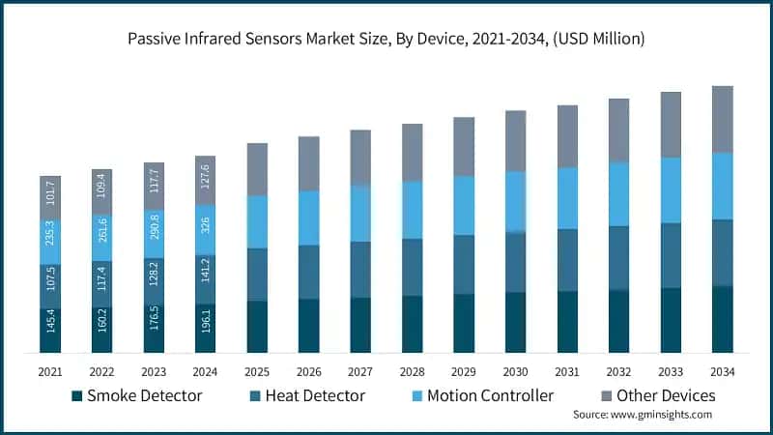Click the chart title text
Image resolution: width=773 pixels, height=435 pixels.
pos(386,40)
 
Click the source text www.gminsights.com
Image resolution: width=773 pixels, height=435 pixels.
pos(642,414)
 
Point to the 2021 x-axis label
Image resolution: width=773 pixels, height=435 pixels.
pos(50,371)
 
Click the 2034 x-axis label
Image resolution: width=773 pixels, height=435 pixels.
pos(722,371)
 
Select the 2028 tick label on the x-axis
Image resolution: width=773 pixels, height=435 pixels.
pos(412,371)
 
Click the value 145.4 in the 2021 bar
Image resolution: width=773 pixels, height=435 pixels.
pos(50,331)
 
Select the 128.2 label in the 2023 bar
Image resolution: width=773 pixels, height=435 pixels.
pos(154,283)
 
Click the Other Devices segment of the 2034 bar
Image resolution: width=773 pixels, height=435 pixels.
pos(722,119)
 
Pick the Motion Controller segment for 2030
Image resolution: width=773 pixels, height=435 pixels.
pos(515,201)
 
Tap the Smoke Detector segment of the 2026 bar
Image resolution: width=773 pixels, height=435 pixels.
pos(308,326)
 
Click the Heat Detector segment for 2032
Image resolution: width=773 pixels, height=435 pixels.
pos(618,257)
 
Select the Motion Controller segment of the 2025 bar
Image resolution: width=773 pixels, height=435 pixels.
pos(257,221)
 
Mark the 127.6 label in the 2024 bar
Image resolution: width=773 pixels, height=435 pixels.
pos(205,180)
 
